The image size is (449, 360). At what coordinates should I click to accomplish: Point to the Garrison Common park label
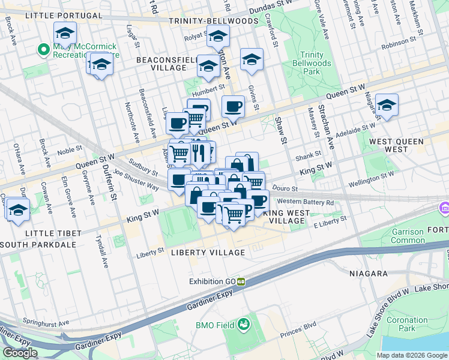coord(408,235)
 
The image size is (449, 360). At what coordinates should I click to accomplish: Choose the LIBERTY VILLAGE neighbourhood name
coord(208,253)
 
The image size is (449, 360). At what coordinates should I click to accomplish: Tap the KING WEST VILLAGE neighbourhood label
coord(293,217)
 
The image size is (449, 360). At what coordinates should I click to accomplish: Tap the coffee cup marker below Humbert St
coord(233,107)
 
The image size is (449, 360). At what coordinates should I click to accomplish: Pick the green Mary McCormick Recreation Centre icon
coord(43,50)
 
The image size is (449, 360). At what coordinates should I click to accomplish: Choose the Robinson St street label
coord(399,43)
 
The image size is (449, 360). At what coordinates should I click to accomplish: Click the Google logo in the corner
coord(20,353)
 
